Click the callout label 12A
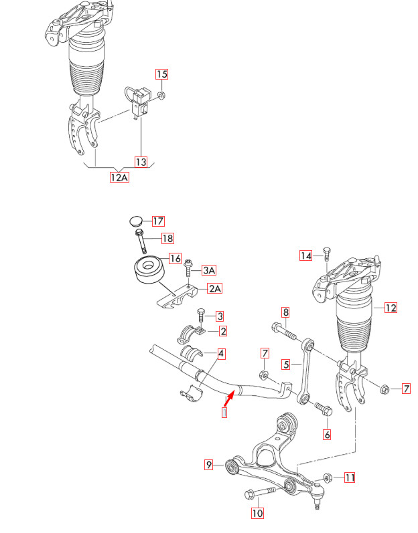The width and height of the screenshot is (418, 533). [119, 177]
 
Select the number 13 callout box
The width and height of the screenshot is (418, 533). [141, 162]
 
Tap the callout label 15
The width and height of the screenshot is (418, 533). [161, 74]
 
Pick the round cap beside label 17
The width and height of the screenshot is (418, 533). [135, 221]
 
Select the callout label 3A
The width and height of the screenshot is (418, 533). [209, 270]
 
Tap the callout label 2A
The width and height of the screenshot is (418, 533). [214, 289]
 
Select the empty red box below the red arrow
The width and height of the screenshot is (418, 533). [224, 413]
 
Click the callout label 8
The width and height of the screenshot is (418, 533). [285, 312]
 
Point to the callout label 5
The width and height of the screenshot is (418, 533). [285, 364]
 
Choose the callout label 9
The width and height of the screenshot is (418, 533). [209, 464]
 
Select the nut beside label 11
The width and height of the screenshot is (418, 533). [327, 477]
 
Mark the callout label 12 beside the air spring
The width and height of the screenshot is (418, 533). [391, 308]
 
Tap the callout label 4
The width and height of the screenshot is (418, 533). [220, 353]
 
